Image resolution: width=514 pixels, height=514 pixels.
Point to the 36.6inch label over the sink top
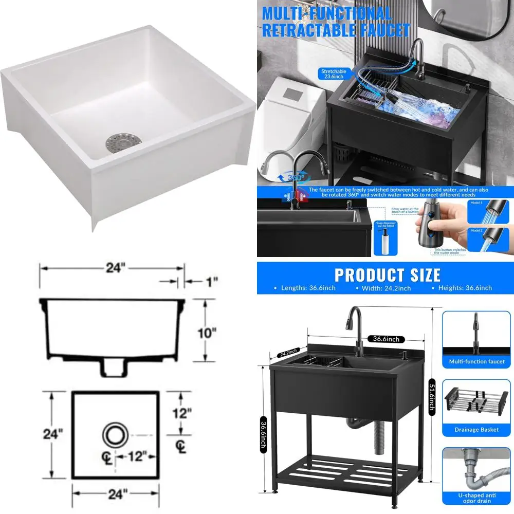(x=387, y=339)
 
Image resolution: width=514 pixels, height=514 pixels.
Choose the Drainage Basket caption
(x=476, y=430)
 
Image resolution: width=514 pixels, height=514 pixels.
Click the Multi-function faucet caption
(x=476, y=361)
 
